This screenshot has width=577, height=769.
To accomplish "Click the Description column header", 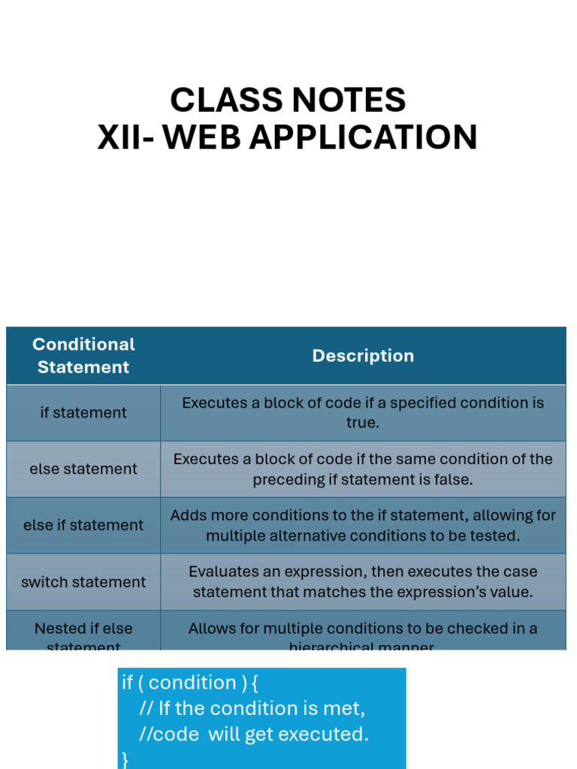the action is [363, 355].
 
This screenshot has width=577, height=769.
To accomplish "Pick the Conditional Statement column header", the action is [83, 355].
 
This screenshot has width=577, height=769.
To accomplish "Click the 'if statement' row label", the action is [83, 412].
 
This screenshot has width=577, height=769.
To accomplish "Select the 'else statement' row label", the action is [83, 469].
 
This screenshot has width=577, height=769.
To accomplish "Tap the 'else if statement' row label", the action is [83, 525].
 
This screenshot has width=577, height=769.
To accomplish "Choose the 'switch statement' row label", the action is [83, 582].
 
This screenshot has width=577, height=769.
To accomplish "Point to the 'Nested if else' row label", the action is [83, 629].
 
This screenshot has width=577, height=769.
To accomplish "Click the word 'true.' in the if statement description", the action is [363, 423].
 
